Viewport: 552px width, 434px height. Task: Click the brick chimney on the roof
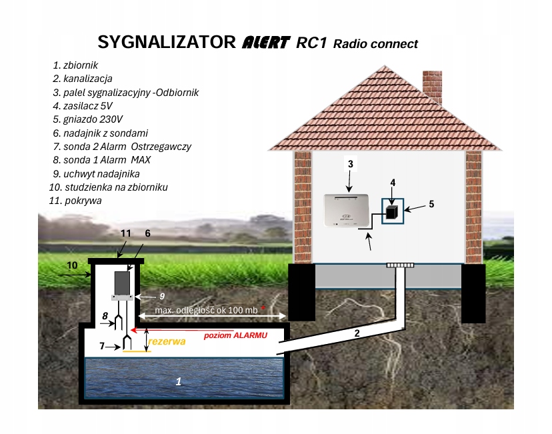coord(433,85)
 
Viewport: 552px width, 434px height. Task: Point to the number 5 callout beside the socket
coord(431,204)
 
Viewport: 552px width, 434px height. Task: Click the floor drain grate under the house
coord(400,265)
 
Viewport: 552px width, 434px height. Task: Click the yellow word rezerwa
coord(167,341)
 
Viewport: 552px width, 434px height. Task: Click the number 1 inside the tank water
coord(178,381)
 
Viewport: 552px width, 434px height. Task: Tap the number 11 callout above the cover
coord(126,233)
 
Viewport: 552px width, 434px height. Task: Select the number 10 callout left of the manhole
coord(73,265)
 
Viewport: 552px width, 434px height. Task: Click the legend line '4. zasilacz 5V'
coord(83,106)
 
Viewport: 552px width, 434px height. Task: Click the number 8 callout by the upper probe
coord(105,315)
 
